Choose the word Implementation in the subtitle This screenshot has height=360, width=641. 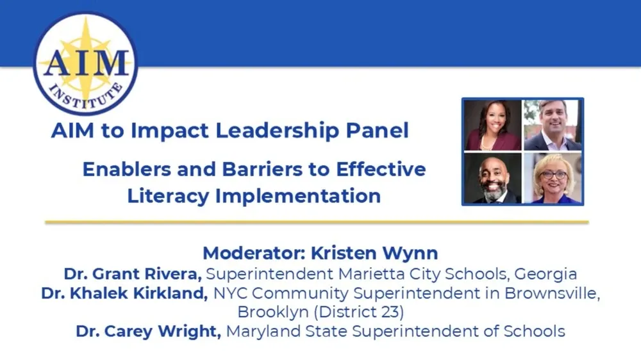click(x=298, y=195)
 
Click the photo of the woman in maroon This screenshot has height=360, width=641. click(x=493, y=126)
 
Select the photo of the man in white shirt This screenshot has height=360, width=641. click(x=553, y=126)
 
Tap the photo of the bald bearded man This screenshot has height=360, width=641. click(x=493, y=178)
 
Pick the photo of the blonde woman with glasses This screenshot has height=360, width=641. click(x=553, y=178)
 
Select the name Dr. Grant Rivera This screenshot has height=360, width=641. click(x=133, y=274)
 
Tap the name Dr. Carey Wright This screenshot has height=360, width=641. click(x=148, y=331)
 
